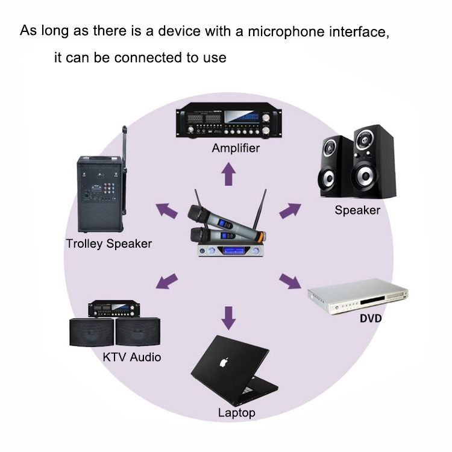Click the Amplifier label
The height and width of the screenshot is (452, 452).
click(235, 148)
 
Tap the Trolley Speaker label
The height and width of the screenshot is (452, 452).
click(108, 244)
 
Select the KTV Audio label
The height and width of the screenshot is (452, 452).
click(131, 357)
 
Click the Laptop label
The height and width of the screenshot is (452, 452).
click(236, 413)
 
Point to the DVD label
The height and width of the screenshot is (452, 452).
click(371, 318)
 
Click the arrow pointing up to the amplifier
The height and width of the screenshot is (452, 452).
click(228, 175)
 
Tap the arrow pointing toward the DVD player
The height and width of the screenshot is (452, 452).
click(290, 281)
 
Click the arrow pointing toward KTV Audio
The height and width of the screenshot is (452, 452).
click(168, 280)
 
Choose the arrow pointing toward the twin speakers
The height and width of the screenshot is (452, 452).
click(290, 210)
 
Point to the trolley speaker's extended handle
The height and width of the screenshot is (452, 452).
click(124, 145)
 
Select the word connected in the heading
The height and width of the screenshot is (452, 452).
click(160, 58)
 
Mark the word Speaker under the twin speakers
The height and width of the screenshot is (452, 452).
click(357, 210)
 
